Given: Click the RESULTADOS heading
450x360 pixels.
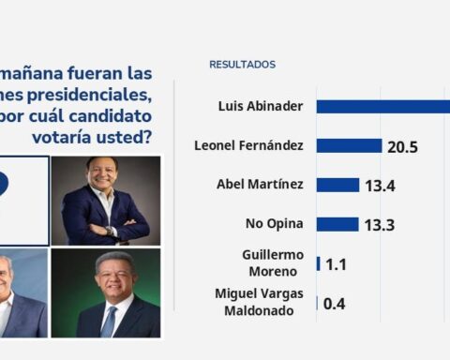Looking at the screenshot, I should [x=242, y=65].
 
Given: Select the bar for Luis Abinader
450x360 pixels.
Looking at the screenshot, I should [x=382, y=106].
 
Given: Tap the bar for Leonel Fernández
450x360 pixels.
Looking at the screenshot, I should [x=349, y=145].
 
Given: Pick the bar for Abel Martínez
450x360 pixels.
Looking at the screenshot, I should [x=337, y=185].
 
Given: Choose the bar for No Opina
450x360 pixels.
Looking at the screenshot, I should [x=337, y=224].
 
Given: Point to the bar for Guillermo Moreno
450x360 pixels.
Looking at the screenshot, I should [x=319, y=263].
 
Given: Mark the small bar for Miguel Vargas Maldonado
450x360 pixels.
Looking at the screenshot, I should [x=317, y=303].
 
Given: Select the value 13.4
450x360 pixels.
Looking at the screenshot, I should [x=380, y=186].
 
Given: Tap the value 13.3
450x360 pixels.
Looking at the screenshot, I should [x=379, y=225].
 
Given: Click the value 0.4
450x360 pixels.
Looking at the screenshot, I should [x=335, y=304].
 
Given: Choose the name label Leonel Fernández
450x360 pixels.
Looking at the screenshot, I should [x=248, y=145].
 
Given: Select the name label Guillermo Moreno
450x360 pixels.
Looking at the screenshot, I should [x=274, y=263].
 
